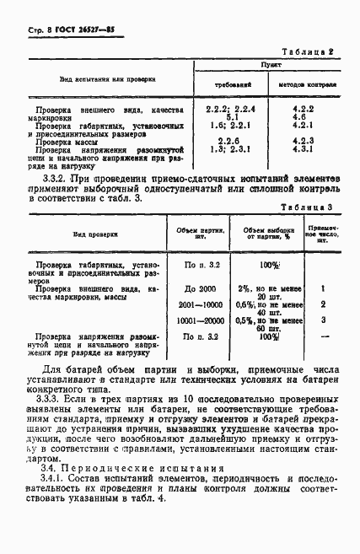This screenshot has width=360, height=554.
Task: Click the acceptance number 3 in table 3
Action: coord(323,320)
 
